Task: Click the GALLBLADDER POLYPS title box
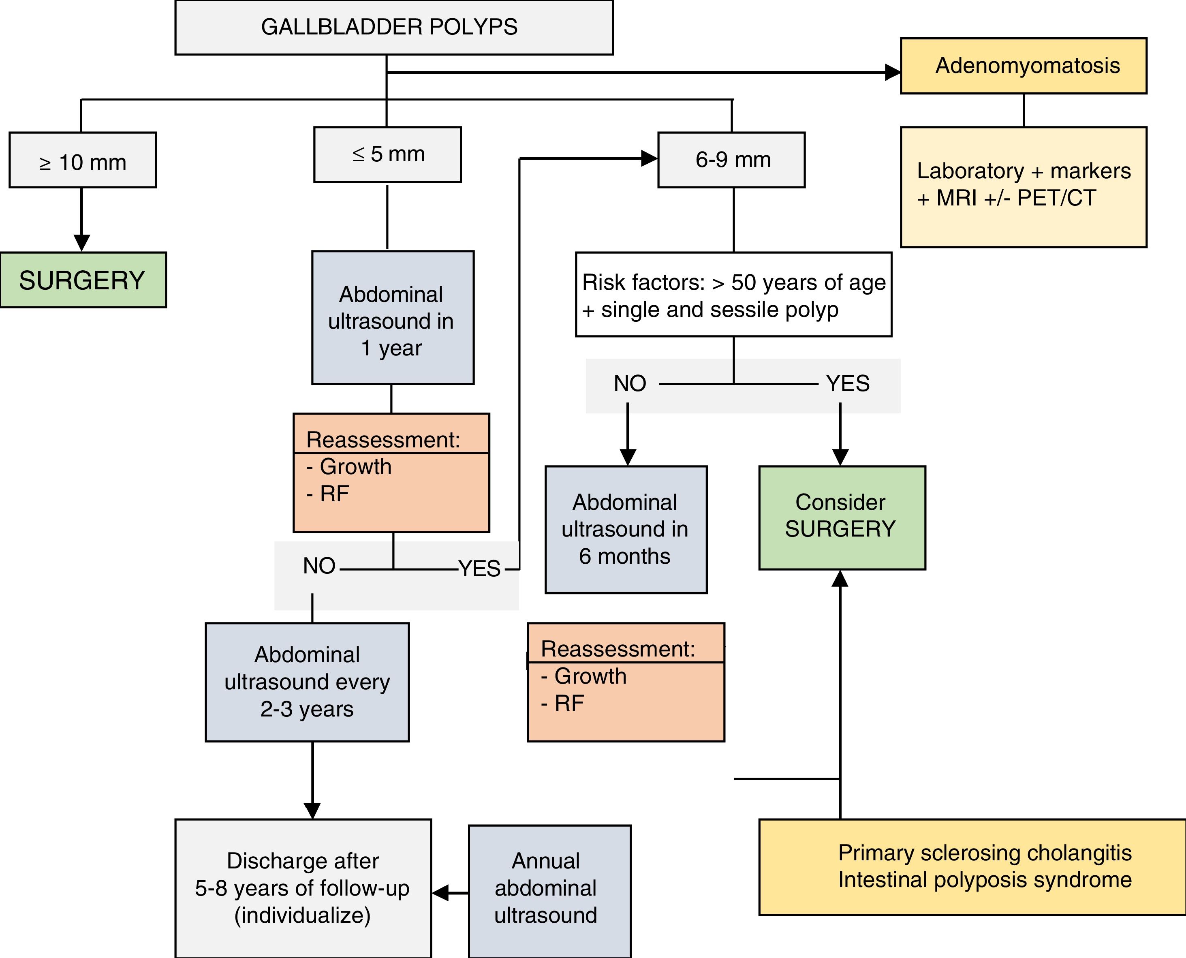394,28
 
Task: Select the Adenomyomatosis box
1023,66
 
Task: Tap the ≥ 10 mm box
83,160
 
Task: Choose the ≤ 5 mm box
387,154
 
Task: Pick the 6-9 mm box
731,160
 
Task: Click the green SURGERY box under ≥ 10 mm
83,280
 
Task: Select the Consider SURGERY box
842,517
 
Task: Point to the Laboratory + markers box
1023,186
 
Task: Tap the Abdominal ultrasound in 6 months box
626,529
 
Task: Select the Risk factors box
733,295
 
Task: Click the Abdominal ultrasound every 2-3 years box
307,682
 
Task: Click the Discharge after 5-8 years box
303,887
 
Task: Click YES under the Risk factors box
847,383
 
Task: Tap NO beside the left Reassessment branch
319,566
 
